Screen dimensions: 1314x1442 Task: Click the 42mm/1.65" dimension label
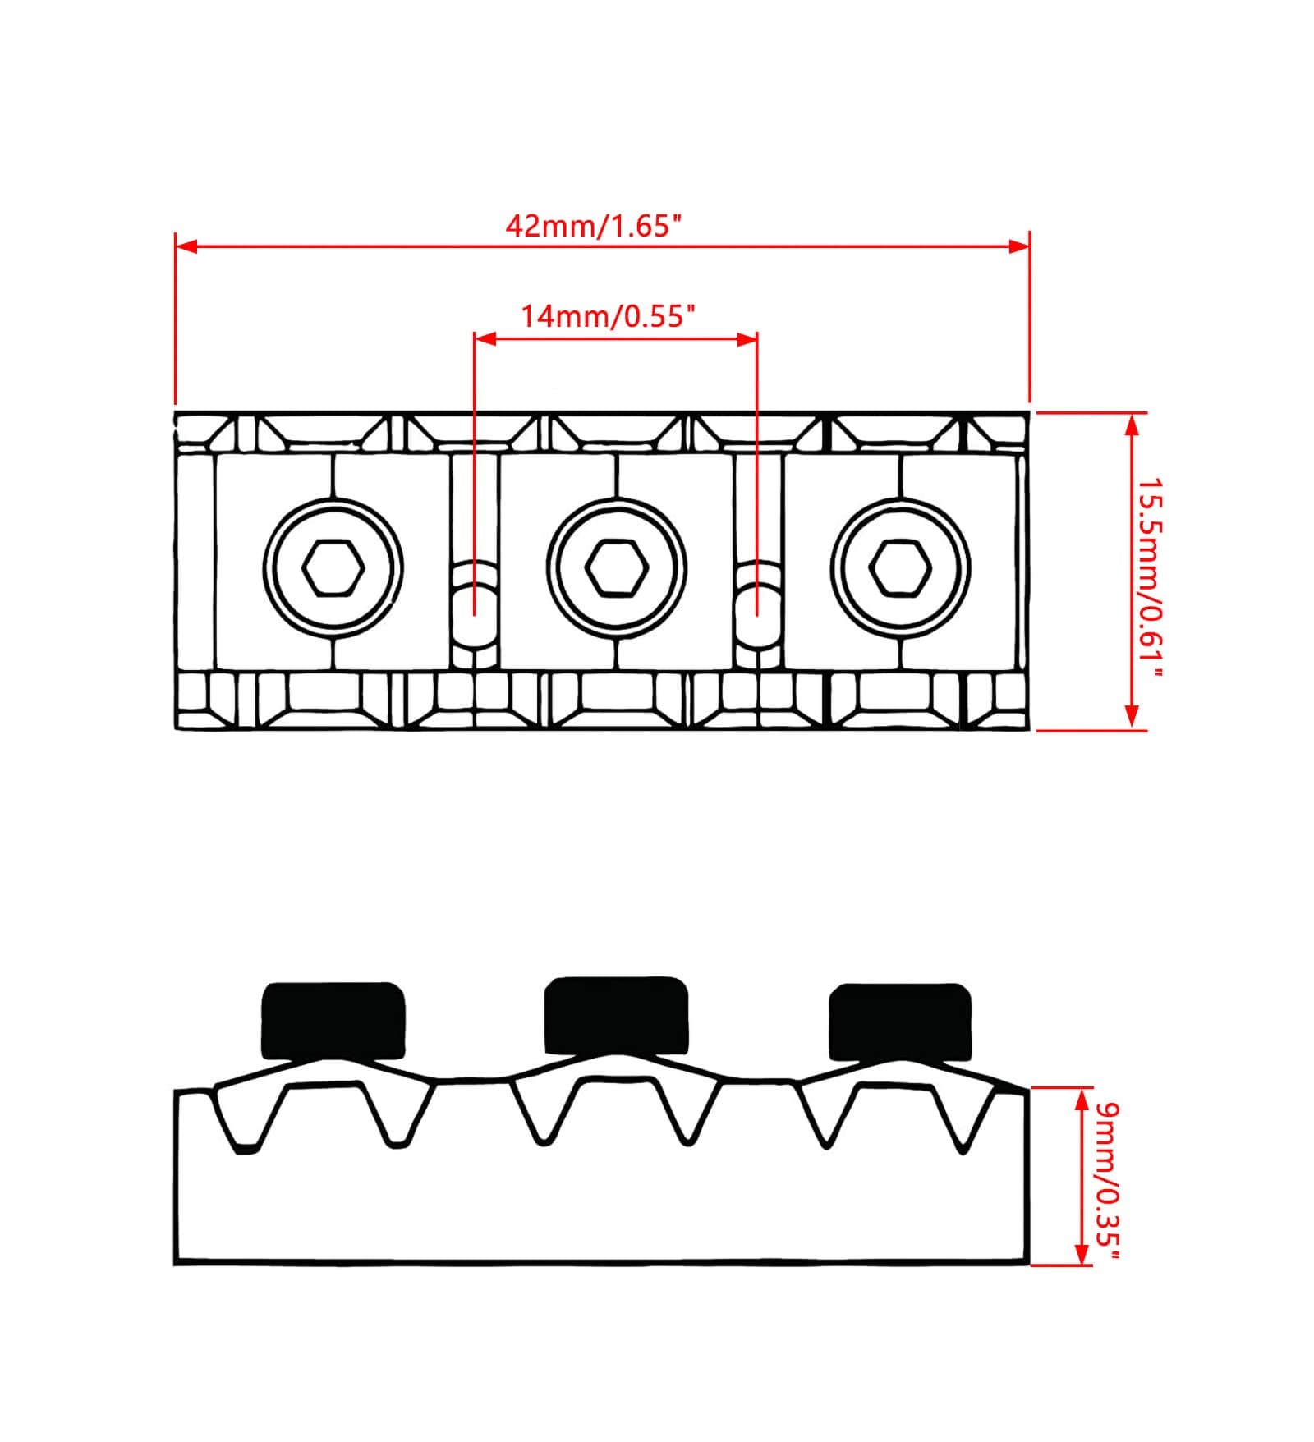pos(594,225)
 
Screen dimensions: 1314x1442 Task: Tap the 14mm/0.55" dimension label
pos(609,315)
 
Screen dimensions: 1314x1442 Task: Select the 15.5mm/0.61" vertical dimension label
pos(1150,578)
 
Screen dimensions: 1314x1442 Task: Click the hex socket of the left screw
pos(333,567)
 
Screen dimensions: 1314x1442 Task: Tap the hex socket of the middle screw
pos(617,567)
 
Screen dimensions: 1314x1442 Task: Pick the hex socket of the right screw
pos(900,567)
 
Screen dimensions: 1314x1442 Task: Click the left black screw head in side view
pos(333,1020)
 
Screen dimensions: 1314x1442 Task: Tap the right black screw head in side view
pos(900,1022)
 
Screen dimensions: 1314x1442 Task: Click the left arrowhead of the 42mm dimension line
pos(186,246)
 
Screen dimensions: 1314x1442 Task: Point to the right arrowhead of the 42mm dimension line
pos(1019,246)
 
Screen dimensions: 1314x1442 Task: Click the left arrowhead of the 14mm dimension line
pos(485,338)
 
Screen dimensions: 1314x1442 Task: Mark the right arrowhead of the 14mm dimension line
pos(746,338)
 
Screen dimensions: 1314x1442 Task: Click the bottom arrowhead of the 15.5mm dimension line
pos(1133,717)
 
